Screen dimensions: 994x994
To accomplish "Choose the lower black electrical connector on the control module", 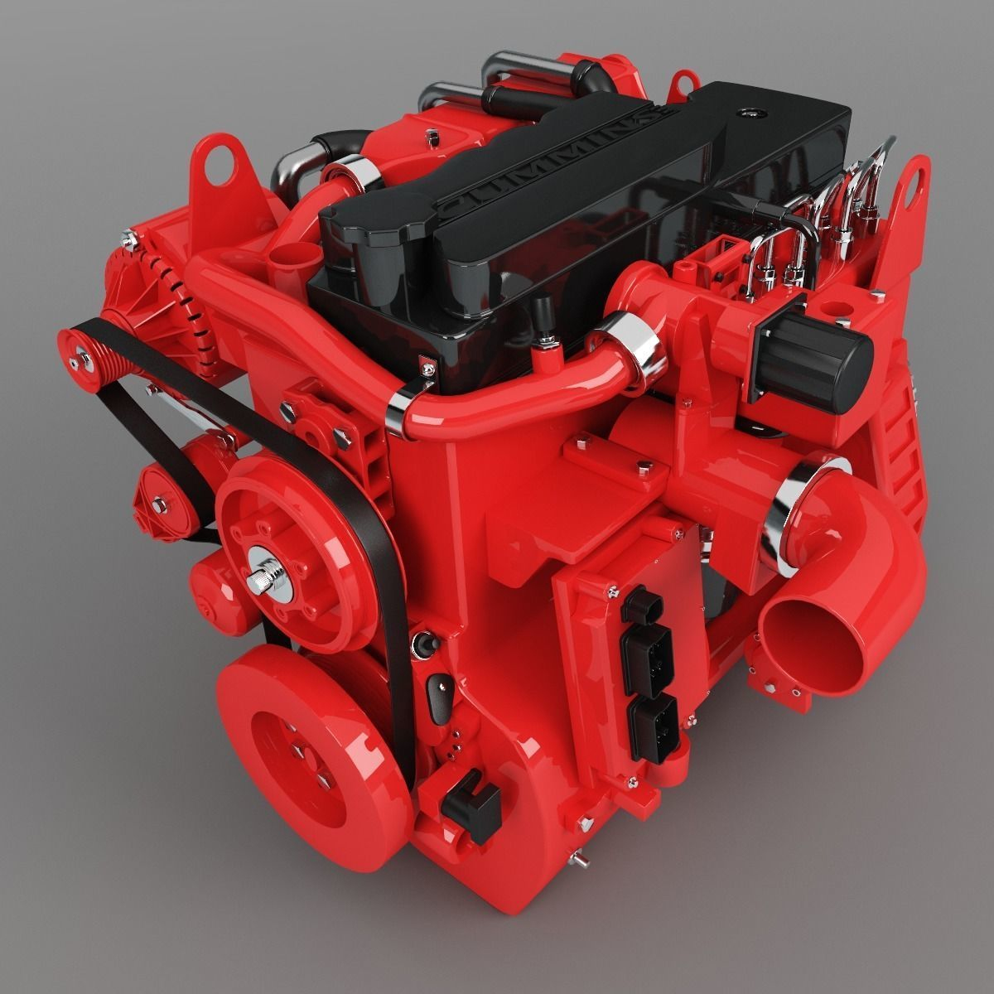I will [x=654, y=721].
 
